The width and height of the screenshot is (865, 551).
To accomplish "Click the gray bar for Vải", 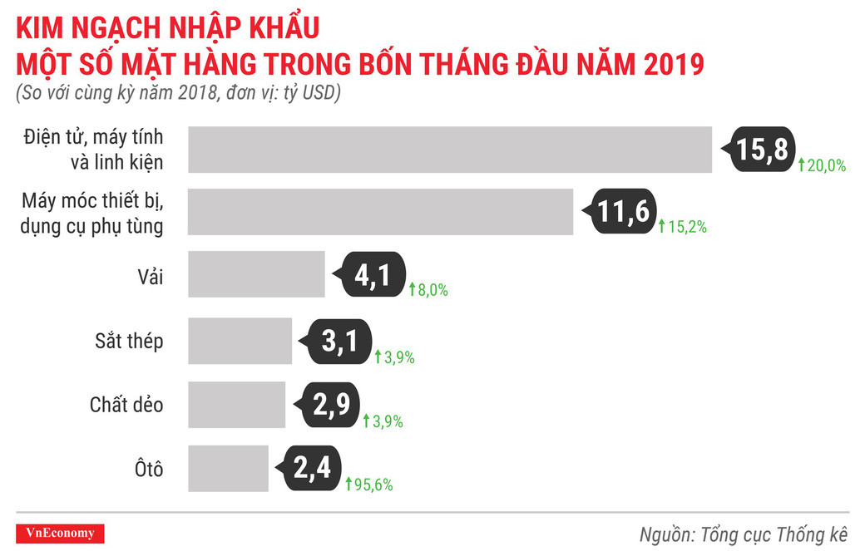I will point(256,274).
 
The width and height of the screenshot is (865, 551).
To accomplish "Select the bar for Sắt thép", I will point(240,341).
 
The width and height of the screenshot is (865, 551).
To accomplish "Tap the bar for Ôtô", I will point(228,468).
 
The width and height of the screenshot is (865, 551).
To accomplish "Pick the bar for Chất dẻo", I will point(236,405).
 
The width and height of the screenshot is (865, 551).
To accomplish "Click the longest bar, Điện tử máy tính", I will point(449,150).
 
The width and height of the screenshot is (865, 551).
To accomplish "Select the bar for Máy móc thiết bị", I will point(380,212).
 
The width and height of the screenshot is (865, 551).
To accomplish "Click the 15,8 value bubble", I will point(761,150).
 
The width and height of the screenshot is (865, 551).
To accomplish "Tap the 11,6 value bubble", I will point(622,214).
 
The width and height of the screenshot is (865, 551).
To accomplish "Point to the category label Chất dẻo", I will point(126,405).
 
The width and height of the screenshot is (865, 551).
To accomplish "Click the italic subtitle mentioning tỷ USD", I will point(178,93).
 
